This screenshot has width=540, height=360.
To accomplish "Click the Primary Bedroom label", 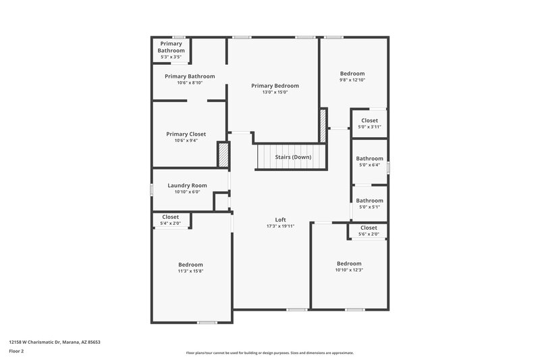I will click(x=275, y=86).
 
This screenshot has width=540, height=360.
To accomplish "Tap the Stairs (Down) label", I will click(x=292, y=157).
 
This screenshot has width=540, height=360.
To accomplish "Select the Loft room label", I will click(x=281, y=220).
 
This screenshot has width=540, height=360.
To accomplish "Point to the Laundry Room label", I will click(x=187, y=185).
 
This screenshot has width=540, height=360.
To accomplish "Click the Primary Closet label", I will click(x=186, y=134).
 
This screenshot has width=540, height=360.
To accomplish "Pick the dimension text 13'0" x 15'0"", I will click(x=275, y=93).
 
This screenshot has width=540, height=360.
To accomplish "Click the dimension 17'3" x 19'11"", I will click(x=281, y=226).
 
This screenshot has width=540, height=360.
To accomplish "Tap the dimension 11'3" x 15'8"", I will click(x=190, y=271).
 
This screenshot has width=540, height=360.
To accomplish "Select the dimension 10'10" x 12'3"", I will click(x=349, y=269).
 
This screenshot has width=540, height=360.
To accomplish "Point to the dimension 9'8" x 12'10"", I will click(x=352, y=80).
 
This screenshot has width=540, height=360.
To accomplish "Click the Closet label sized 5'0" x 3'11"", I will click(x=369, y=120).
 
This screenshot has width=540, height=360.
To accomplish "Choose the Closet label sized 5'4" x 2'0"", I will click(x=170, y=217).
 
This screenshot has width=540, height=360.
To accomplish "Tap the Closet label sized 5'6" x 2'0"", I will click(x=369, y=228).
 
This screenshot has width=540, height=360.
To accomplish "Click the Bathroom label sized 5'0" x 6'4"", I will click(x=369, y=159).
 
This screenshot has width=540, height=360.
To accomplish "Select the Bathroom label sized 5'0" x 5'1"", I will click(x=369, y=200).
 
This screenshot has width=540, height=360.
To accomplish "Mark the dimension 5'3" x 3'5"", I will click(x=171, y=57).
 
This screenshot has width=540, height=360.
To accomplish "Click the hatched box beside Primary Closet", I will click(x=223, y=154).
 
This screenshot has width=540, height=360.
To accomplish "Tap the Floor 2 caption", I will click(x=16, y=351).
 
